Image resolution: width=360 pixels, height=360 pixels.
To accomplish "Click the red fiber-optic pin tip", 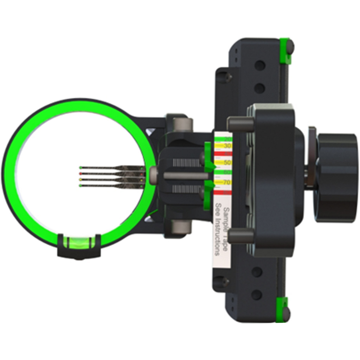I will coord(81,174).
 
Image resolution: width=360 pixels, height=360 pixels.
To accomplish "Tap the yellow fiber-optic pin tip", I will coord(81,179).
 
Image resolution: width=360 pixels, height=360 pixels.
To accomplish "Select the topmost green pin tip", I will coord(81,168).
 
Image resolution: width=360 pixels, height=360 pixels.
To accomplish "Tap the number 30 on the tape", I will coord(227,146).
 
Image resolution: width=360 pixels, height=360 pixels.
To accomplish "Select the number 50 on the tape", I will coord(227,162).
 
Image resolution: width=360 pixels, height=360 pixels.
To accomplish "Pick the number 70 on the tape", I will coord(227,182).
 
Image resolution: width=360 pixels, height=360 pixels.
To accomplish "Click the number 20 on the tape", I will coord(227,139).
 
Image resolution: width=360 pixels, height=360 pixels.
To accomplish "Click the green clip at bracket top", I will coord(285,51).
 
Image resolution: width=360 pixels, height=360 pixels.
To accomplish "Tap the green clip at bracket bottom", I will coord(282,309).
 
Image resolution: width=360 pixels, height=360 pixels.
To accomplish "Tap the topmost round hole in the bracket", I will coord(260,65).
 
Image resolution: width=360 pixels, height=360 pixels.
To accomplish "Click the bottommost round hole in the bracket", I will coord(257,295).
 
